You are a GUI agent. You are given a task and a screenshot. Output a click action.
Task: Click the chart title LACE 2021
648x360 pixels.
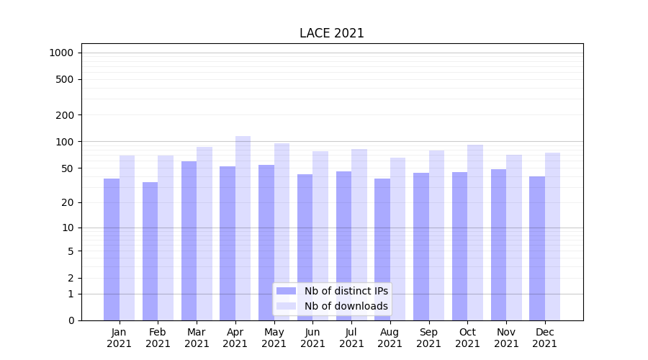pos(332,34)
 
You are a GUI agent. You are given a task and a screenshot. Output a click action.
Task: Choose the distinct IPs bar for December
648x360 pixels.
pos(537,248)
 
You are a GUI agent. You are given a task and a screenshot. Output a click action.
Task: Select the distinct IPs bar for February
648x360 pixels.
pos(150,251)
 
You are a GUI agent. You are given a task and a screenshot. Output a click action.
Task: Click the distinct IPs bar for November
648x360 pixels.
pos(498,245)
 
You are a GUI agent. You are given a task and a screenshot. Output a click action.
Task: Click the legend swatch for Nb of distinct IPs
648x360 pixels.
pos(287,291)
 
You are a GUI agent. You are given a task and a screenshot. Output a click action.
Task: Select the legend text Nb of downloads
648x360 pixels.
pos(346,306)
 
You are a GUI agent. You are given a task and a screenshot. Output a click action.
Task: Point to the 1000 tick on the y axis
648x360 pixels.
pos(61,53)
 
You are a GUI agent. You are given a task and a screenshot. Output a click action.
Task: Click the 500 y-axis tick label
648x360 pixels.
pos(66,79)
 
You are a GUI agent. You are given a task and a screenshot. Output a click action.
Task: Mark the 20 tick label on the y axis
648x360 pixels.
pos(68,202)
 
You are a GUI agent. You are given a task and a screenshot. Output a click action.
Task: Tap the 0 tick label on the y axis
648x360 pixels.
pos(71,320)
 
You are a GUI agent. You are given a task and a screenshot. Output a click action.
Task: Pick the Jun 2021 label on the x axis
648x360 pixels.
pos(312,338)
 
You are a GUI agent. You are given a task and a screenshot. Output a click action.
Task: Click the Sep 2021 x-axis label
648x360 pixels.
pos(428,338)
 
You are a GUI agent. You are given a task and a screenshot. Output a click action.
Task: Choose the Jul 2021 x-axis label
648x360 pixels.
pos(351,338)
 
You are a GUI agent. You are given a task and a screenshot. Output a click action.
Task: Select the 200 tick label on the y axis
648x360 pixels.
pos(66,114)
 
